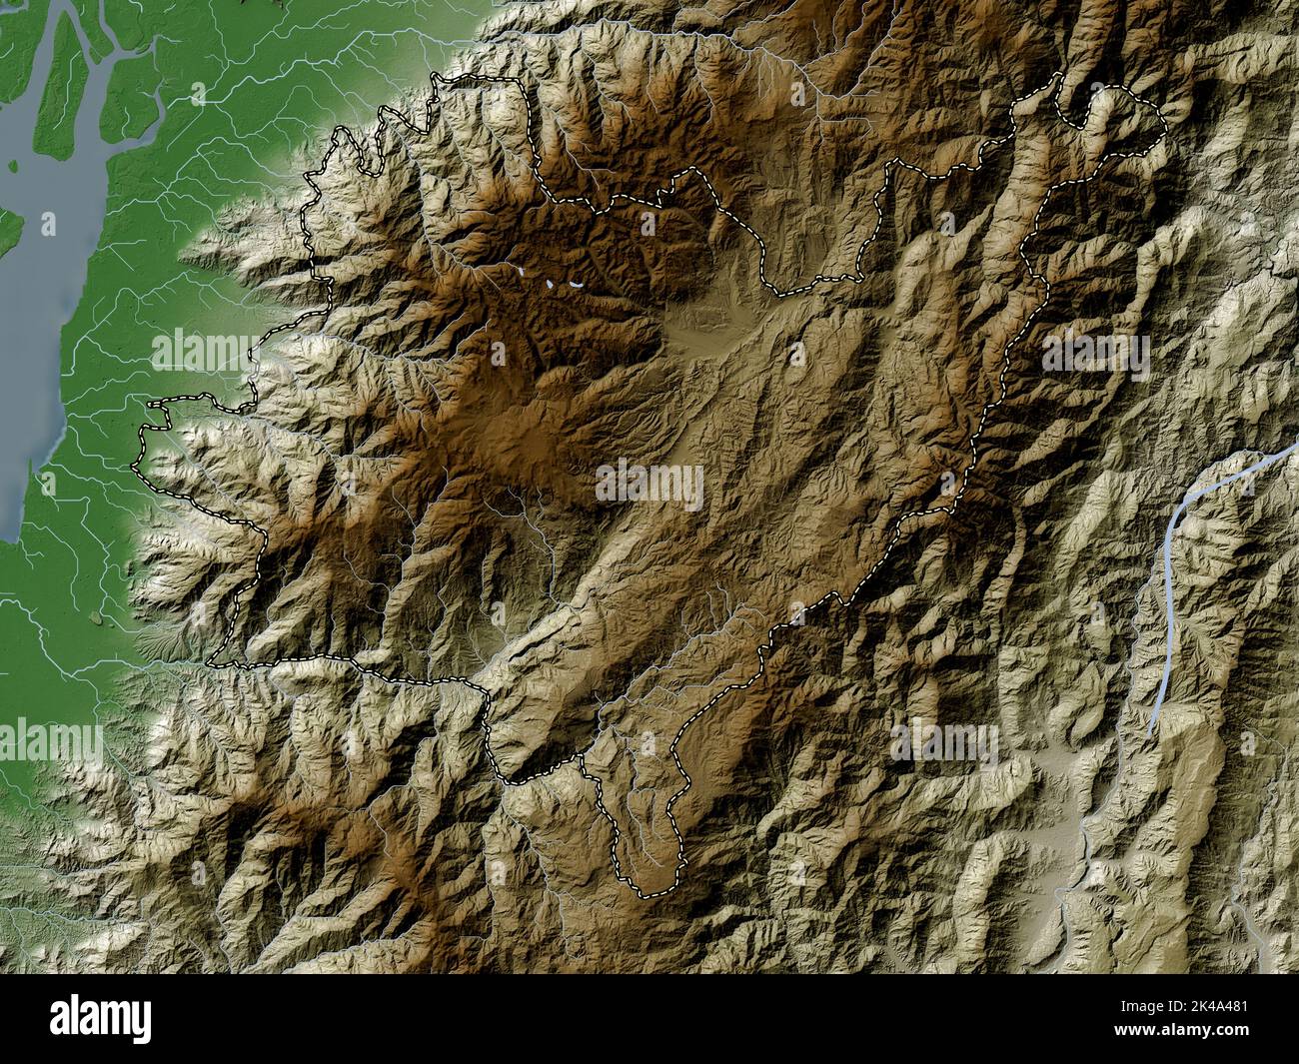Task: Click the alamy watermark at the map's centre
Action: tap(649, 487)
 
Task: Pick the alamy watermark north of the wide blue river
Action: tap(1095, 352)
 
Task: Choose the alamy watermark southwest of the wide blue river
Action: tap(944, 744)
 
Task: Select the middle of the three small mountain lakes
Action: tap(550, 284)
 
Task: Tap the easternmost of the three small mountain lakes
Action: tap(577, 283)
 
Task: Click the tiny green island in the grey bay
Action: tap(96, 619)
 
